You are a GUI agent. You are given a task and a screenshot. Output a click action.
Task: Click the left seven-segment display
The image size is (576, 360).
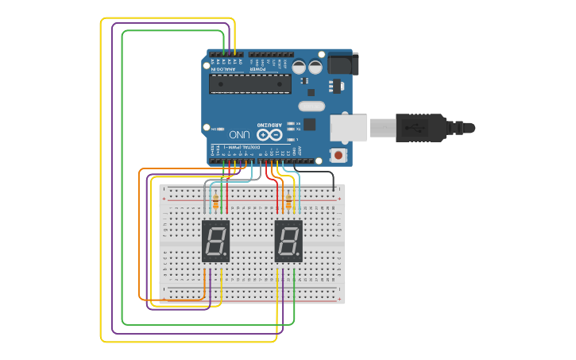click(x=216, y=241)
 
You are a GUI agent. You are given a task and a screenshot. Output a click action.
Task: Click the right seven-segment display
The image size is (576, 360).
click(x=288, y=241)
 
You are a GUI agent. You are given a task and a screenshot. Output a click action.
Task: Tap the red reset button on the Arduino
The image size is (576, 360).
click(x=339, y=154)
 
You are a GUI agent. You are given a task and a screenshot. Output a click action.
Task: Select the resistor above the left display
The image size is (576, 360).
click(x=216, y=204)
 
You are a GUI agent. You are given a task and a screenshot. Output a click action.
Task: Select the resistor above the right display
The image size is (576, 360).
click(x=288, y=204)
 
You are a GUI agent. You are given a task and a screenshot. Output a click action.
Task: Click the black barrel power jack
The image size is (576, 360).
click(x=343, y=64)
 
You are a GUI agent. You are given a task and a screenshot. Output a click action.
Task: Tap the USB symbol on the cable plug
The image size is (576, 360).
click(x=416, y=127)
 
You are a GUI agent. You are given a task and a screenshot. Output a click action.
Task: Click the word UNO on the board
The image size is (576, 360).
click(x=239, y=135)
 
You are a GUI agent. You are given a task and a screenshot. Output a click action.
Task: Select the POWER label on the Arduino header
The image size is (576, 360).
click(x=258, y=69)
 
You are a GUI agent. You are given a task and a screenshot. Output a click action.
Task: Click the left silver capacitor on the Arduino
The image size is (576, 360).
click(x=300, y=67)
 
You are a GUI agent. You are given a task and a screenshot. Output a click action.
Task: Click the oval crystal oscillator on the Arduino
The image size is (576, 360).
click(x=312, y=106)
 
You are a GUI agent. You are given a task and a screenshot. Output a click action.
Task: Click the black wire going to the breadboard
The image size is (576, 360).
click(x=318, y=172)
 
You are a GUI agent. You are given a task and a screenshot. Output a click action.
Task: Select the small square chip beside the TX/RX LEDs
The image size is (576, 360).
click(x=309, y=124)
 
